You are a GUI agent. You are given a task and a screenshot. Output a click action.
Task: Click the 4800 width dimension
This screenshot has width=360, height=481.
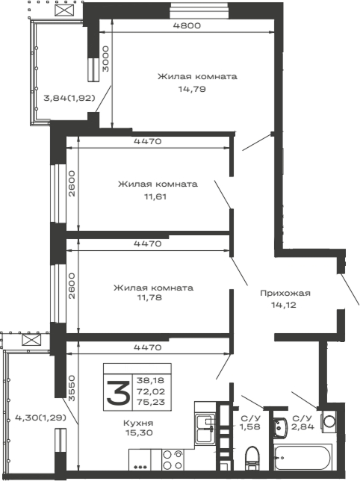click(187, 25)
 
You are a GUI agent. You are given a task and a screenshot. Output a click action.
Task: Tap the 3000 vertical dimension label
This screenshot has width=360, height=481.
click(105, 59)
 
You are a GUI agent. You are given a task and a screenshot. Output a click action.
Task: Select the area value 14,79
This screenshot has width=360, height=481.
click(192, 90)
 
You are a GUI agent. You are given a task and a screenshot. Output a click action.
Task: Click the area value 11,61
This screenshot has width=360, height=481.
click(155, 196)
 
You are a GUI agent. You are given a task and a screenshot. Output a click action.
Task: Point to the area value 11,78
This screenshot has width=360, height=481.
click(150, 297)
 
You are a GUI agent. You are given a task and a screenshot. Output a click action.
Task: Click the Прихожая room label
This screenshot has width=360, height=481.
click(285, 294)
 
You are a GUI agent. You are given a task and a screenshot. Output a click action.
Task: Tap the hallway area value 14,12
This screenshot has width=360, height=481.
click(284, 305)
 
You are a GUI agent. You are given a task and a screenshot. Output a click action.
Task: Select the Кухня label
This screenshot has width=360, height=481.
click(138, 423)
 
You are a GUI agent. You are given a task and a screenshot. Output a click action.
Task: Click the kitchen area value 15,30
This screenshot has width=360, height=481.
click(139, 433)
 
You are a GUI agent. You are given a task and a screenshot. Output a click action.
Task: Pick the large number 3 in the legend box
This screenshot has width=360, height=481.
click(118, 392)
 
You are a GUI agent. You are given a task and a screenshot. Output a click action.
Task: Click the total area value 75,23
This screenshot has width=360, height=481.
click(151, 402)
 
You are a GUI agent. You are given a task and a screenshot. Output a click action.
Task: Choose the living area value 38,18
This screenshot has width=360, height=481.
click(151, 380)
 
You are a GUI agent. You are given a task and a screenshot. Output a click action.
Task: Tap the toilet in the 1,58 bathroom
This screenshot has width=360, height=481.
click(252, 458)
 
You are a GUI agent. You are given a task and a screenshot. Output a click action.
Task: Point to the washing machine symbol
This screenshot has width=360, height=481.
click(329, 421)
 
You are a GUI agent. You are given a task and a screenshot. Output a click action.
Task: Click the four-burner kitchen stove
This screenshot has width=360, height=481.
click(173, 459)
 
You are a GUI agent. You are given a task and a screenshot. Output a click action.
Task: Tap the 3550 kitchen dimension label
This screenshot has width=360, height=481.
click(72, 388)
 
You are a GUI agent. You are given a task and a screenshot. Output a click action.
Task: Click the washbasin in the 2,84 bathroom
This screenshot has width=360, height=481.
click(279, 425)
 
